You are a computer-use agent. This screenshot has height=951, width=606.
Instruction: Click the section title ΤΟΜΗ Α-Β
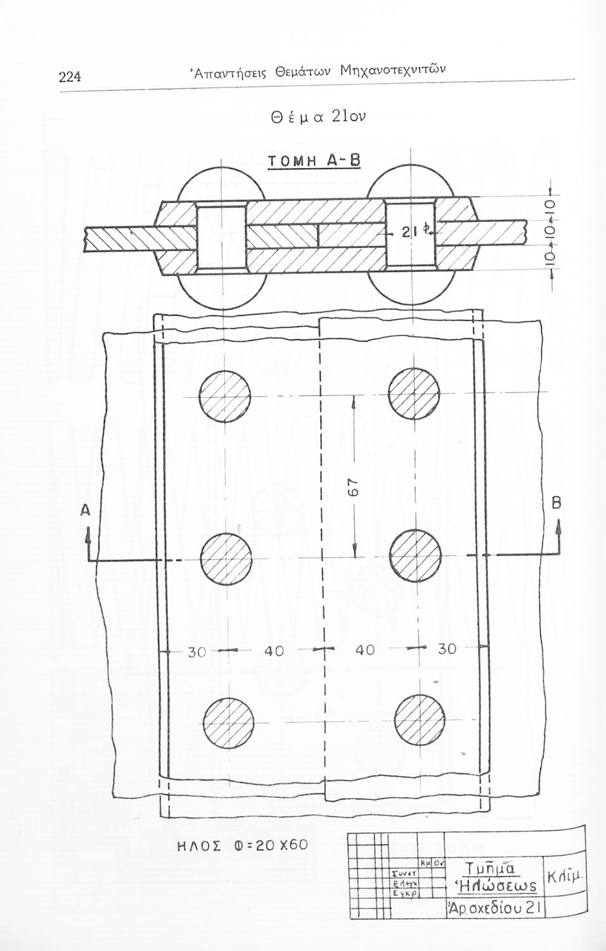click(x=313, y=161)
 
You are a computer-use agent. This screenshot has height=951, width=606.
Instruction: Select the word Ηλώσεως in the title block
click(x=497, y=885)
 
